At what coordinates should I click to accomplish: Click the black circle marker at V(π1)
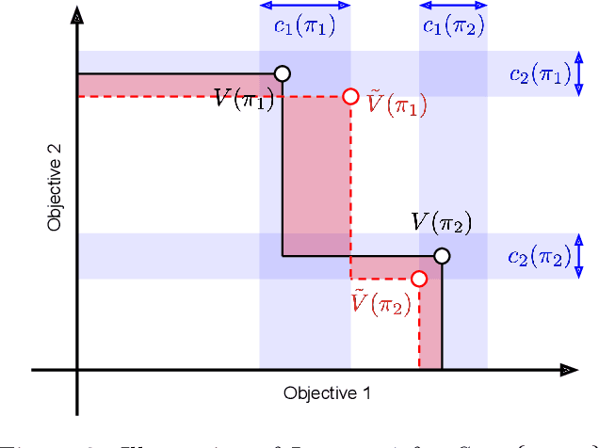pos(282,73)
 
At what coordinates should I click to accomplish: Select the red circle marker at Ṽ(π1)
pos(350,96)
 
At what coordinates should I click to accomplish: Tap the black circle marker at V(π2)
pos(442,256)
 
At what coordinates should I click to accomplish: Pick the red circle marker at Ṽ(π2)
pos(419,279)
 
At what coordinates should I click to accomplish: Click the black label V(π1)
pos(243,99)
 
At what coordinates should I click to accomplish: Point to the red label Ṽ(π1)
pos(396,104)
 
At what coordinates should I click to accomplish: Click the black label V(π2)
pos(441,223)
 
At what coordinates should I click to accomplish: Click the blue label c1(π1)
pos(305,26)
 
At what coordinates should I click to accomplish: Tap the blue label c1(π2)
pos(454,26)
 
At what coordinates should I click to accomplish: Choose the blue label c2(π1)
pos(539,73)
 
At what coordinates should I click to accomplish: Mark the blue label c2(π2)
pos(539,256)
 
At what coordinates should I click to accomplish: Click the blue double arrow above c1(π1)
pos(305,5)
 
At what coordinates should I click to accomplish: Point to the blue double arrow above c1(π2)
pos(453,5)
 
